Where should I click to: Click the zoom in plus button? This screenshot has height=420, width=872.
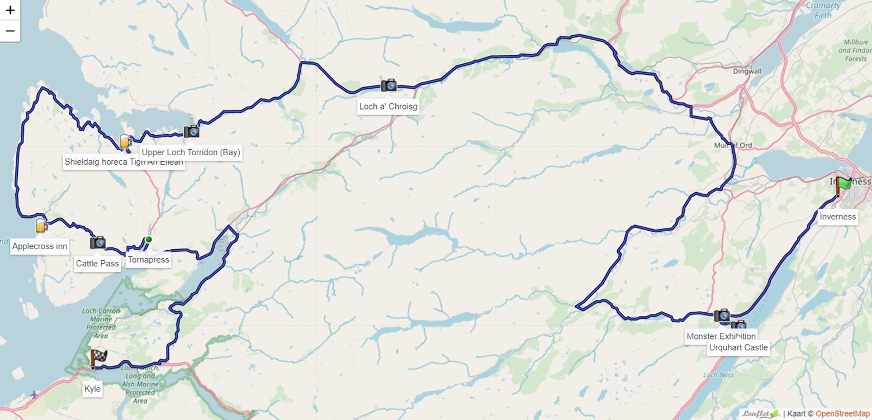coord(10,10)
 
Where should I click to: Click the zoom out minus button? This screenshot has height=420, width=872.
coord(10,31)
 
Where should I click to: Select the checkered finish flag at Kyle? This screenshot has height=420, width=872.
coord(98,357)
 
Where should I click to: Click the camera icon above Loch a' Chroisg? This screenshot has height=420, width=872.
coord(388,85)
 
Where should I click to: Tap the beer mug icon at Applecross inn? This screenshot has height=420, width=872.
coord(41,226)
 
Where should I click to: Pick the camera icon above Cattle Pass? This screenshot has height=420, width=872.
coord(98,242)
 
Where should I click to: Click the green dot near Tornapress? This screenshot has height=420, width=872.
coord(149,240)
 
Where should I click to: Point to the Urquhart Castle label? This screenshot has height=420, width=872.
coord(738,347)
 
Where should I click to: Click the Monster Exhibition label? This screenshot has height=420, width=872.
coord(721,336)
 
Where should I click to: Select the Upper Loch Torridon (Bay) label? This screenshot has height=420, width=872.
coord(191,152)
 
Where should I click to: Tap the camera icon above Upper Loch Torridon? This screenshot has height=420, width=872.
coord(191,131)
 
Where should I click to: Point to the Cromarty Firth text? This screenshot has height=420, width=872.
coord(823,10)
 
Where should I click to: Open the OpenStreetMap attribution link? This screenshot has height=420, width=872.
coord(842,414)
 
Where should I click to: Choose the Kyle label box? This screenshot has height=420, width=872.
coord(92,389)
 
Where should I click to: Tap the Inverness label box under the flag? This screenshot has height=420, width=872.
coord(837,217)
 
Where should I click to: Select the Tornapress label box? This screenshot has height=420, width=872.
coord(148,260)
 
